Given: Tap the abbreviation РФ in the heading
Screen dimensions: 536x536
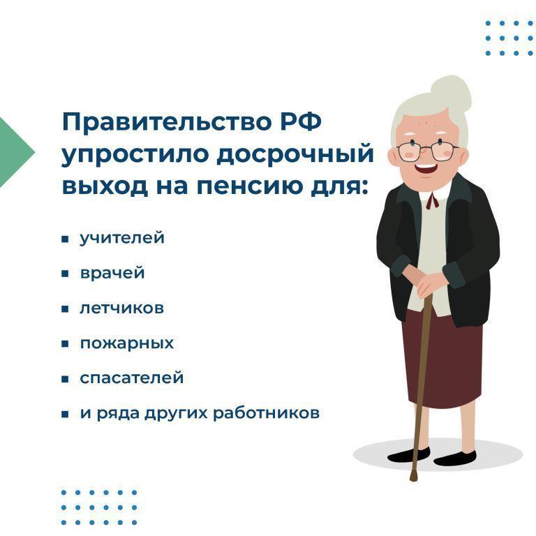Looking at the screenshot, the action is pyautogui.click(x=301, y=121).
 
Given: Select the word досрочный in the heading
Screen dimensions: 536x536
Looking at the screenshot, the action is pyautogui.click(x=295, y=154).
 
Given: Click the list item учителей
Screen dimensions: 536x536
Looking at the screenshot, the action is pyautogui.click(x=122, y=238).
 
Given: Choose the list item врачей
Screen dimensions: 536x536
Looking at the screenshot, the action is pyautogui.click(x=112, y=273).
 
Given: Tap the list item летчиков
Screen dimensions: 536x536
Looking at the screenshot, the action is pyautogui.click(x=121, y=308).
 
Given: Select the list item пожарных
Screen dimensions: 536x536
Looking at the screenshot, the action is pyautogui.click(x=127, y=343).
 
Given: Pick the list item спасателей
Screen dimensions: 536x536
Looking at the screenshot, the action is pyautogui.click(x=132, y=378).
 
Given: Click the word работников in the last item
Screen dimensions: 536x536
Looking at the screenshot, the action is pyautogui.click(x=266, y=412).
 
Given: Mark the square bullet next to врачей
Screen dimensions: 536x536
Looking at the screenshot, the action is pyautogui.click(x=65, y=274).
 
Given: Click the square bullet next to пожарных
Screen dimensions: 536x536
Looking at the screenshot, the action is pyautogui.click(x=65, y=343).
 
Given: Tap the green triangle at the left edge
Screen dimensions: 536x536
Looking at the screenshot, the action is pyautogui.click(x=14, y=152).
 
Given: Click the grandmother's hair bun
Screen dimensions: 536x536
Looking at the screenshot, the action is pyautogui.click(x=451, y=93).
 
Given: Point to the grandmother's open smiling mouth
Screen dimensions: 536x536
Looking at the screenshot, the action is pyautogui.click(x=426, y=169).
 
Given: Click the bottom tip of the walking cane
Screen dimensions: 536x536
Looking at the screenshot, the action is pyautogui.click(x=414, y=479).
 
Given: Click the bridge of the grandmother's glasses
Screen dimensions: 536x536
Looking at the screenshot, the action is pyautogui.click(x=427, y=147).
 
